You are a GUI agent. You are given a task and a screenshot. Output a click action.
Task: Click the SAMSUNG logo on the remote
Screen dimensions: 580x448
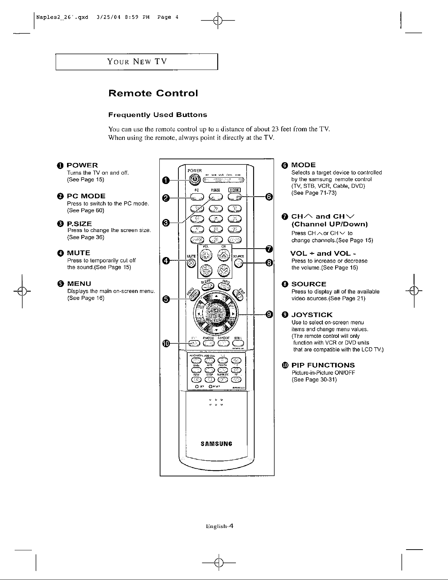coord(217,444)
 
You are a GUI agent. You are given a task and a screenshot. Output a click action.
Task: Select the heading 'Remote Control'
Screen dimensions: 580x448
coord(153,93)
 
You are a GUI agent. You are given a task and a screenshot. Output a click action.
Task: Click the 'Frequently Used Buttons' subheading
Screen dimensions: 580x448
coord(158,115)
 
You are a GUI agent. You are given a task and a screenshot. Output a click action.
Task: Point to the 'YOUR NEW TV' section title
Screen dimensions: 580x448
coord(137,61)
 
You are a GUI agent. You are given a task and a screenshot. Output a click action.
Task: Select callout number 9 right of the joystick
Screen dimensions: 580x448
coord(269,314)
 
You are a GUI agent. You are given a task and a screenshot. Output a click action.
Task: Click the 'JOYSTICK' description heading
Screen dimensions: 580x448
coord(312,315)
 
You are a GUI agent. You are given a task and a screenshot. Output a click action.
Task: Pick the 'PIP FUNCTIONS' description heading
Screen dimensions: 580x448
coord(323,365)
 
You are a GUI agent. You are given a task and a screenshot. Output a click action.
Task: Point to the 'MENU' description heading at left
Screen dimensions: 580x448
coord(79,284)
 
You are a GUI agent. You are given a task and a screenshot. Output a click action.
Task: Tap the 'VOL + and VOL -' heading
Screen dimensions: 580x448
coord(323,253)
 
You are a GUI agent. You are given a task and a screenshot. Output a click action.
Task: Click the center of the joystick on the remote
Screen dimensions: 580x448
coord(216,314)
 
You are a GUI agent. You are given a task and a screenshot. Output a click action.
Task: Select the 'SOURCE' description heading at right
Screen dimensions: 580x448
coord(308,284)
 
